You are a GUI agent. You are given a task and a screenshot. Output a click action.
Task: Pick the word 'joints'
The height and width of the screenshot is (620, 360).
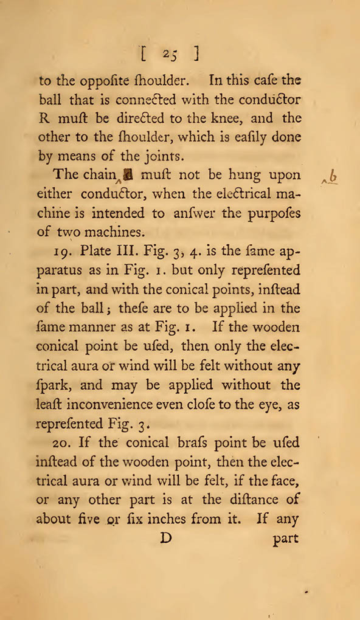click(164, 156)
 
